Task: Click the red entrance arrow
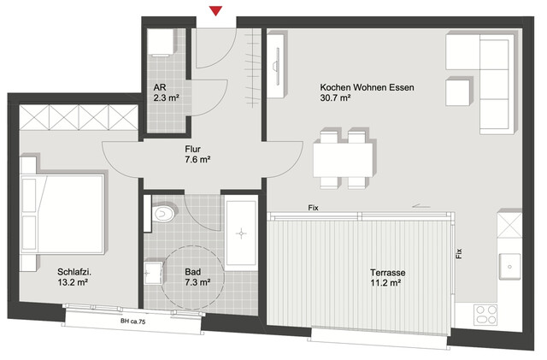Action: click(216, 10)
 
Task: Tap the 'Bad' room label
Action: click(193, 274)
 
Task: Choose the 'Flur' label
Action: click(192, 148)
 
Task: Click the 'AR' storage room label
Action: click(159, 87)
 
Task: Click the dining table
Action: click(343, 159)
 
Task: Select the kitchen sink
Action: click(510, 266)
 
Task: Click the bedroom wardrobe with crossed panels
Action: click(76, 115)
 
